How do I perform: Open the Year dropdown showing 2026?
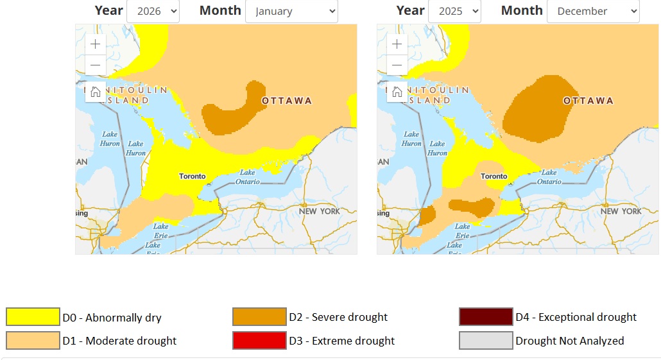[153, 11]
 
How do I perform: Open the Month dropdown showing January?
[291, 11]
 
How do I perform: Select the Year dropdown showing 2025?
[454, 11]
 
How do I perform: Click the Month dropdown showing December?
[593, 11]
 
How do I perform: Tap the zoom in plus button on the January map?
[96, 44]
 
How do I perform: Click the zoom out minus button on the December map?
[397, 65]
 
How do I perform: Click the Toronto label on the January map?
[193, 176]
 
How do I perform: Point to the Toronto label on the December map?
[494, 176]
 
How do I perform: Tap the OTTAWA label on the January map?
[287, 101]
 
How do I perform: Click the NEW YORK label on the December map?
[621, 211]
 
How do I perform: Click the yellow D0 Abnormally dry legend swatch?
[32, 317]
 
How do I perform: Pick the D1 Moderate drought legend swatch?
[32, 341]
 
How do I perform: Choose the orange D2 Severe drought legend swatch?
[259, 317]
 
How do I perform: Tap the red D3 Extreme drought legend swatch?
[259, 341]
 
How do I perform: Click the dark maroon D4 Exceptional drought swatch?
[486, 317]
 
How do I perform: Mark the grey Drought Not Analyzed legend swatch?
[486, 341]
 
